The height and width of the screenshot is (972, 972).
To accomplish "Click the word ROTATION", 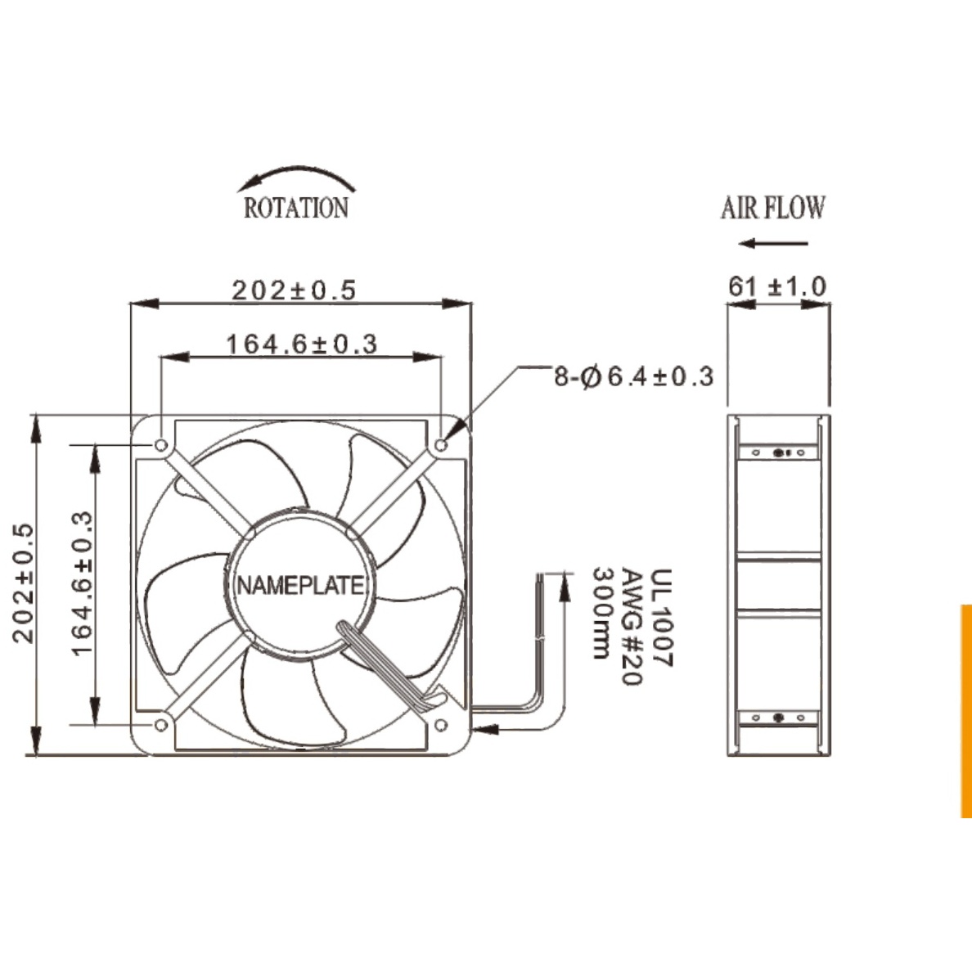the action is [295, 208].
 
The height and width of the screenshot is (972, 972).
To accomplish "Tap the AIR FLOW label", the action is [773, 208].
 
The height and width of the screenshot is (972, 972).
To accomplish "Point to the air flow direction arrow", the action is [774, 243].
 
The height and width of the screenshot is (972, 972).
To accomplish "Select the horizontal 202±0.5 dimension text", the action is [295, 290].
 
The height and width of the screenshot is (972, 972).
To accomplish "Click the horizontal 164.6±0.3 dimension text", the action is [301, 344].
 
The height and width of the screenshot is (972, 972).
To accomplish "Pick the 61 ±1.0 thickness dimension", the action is [777, 286].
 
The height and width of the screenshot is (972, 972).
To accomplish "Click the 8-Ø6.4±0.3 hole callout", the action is [633, 376].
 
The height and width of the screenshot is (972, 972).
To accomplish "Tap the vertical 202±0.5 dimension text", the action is [23, 583].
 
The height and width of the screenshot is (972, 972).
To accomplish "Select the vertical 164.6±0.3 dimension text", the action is [82, 583].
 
